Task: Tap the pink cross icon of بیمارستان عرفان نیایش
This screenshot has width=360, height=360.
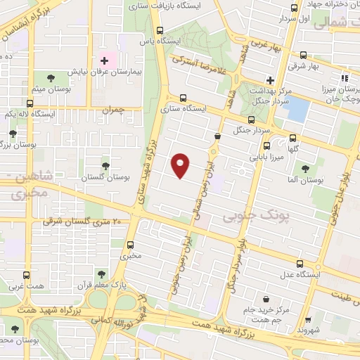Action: (x=104, y=61)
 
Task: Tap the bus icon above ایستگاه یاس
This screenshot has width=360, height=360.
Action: (x=160, y=31)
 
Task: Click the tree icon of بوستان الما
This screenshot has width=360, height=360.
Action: (x=306, y=169)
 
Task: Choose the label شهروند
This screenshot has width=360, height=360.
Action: (x=308, y=329)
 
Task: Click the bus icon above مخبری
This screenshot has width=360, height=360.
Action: (x=130, y=245)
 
